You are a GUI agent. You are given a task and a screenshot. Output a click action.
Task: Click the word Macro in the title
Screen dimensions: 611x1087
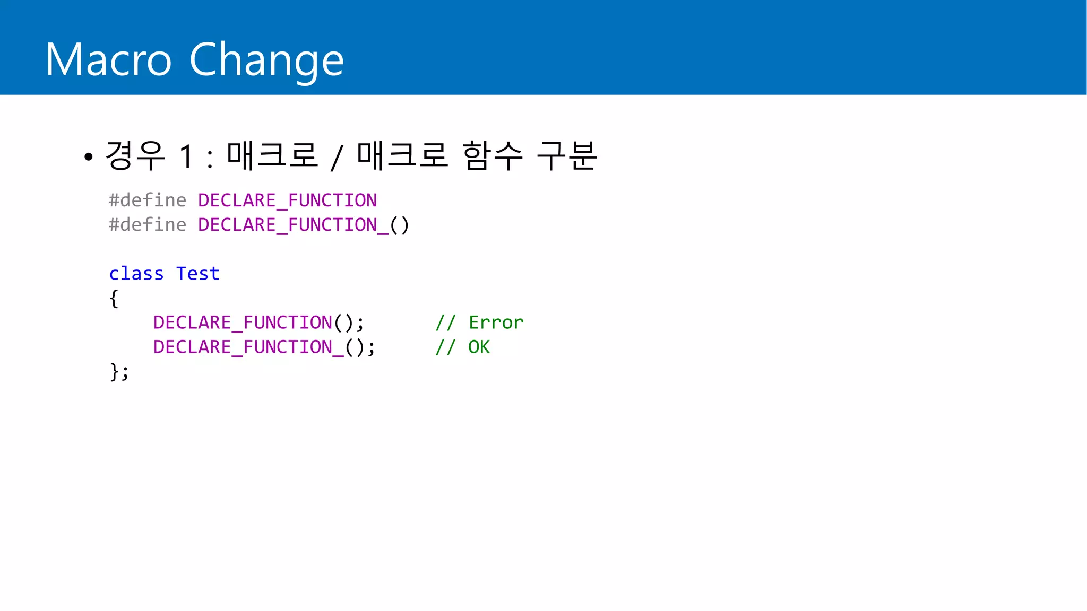point(108,60)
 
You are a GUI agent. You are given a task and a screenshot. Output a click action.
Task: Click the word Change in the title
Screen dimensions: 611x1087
point(266,60)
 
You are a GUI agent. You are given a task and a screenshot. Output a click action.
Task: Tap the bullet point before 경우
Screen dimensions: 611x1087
point(89,157)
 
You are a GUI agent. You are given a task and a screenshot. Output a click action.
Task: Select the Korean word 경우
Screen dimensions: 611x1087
point(135,155)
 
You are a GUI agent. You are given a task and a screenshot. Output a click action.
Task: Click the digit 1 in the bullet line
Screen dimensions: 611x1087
point(186,156)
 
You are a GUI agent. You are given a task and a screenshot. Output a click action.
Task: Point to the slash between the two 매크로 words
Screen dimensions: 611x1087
point(337,158)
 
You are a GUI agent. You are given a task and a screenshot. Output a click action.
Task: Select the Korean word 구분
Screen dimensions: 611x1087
point(566,155)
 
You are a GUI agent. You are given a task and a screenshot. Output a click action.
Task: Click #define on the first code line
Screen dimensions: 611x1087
point(148,200)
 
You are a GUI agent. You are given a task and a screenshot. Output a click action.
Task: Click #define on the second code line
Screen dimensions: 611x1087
point(148,225)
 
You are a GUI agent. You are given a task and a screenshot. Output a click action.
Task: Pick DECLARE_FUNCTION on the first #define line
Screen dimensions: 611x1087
point(287,200)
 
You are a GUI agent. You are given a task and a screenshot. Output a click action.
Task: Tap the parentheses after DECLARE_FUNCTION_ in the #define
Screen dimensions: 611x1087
point(399,225)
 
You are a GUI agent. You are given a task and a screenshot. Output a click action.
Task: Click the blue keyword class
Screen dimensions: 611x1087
point(136,274)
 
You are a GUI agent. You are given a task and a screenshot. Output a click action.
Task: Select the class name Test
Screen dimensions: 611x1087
point(198,274)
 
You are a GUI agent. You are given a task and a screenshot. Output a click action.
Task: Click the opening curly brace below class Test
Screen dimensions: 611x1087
point(114,299)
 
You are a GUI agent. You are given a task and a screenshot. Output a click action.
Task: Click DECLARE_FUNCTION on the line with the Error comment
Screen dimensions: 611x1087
point(243,322)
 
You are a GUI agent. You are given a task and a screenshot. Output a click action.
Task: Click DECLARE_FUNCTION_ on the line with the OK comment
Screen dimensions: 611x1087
point(248,347)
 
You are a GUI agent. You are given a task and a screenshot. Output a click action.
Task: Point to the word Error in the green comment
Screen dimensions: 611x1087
point(496,322)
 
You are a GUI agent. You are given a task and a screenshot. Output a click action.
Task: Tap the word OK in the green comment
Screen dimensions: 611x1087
point(479,347)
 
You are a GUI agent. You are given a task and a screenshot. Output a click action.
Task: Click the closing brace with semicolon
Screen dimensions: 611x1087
point(119,371)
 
